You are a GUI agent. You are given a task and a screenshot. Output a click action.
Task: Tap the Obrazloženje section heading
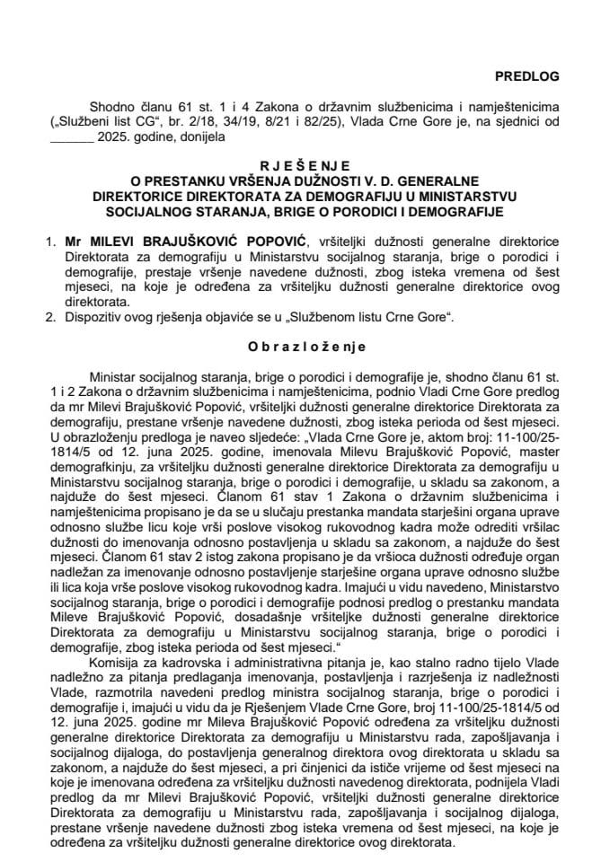(305, 345)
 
